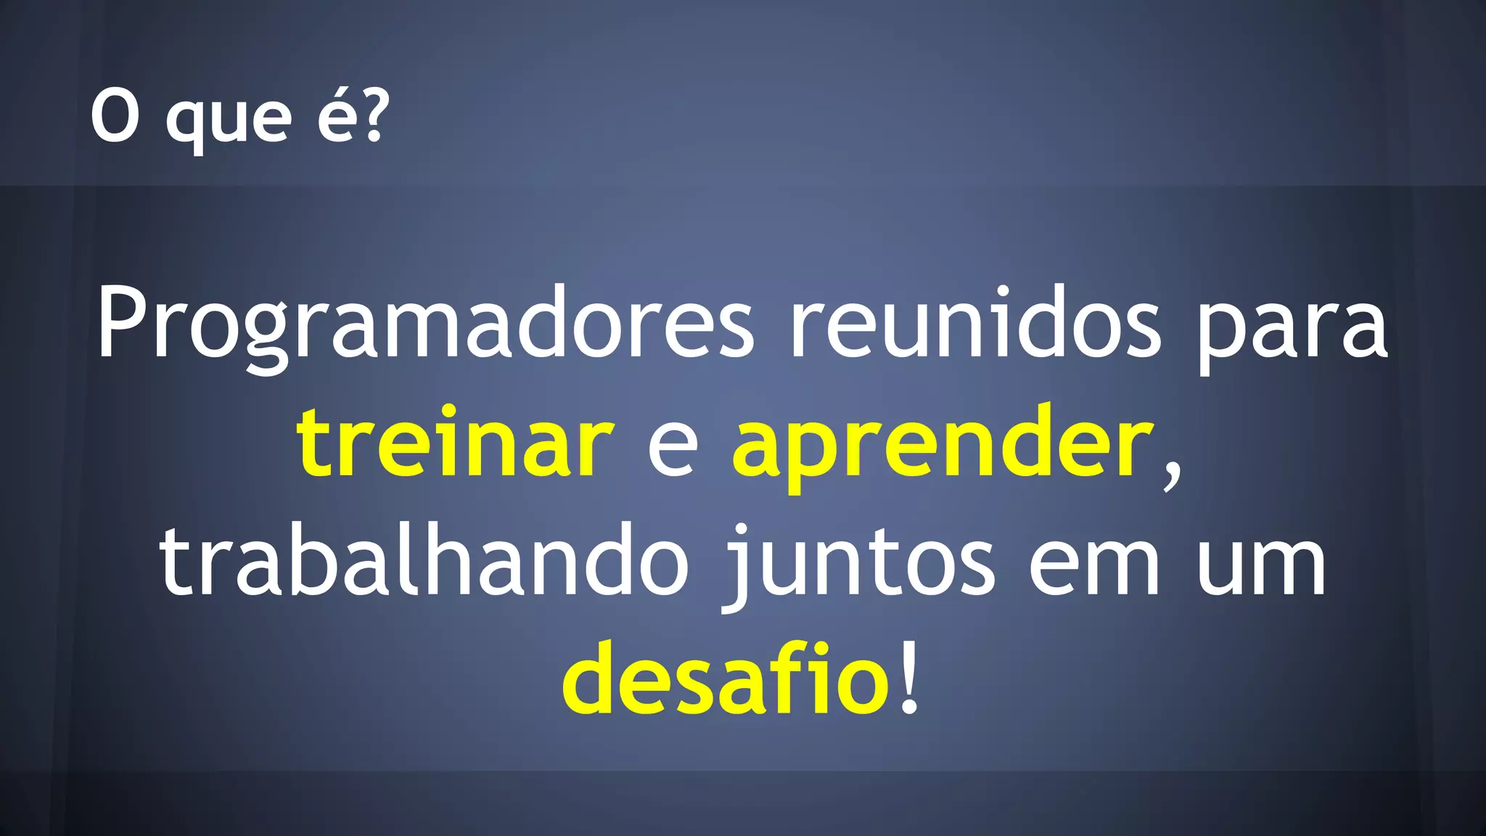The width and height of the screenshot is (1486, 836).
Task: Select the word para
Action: click(1292, 327)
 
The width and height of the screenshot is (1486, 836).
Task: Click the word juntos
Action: click(861, 564)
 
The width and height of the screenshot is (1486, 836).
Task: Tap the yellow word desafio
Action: click(726, 679)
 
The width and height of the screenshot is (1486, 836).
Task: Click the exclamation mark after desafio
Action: click(908, 679)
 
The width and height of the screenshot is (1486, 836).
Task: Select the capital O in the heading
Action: click(115, 116)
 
